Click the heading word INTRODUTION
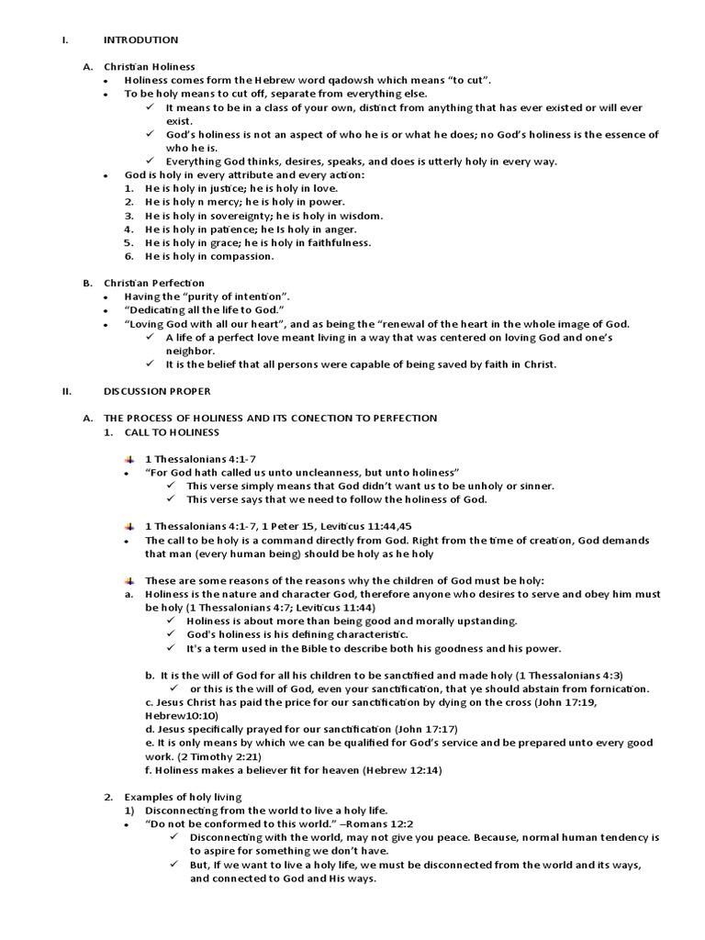140,40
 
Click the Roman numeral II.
66,391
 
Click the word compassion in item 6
242,256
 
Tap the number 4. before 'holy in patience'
129,229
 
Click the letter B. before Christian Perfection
87,283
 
